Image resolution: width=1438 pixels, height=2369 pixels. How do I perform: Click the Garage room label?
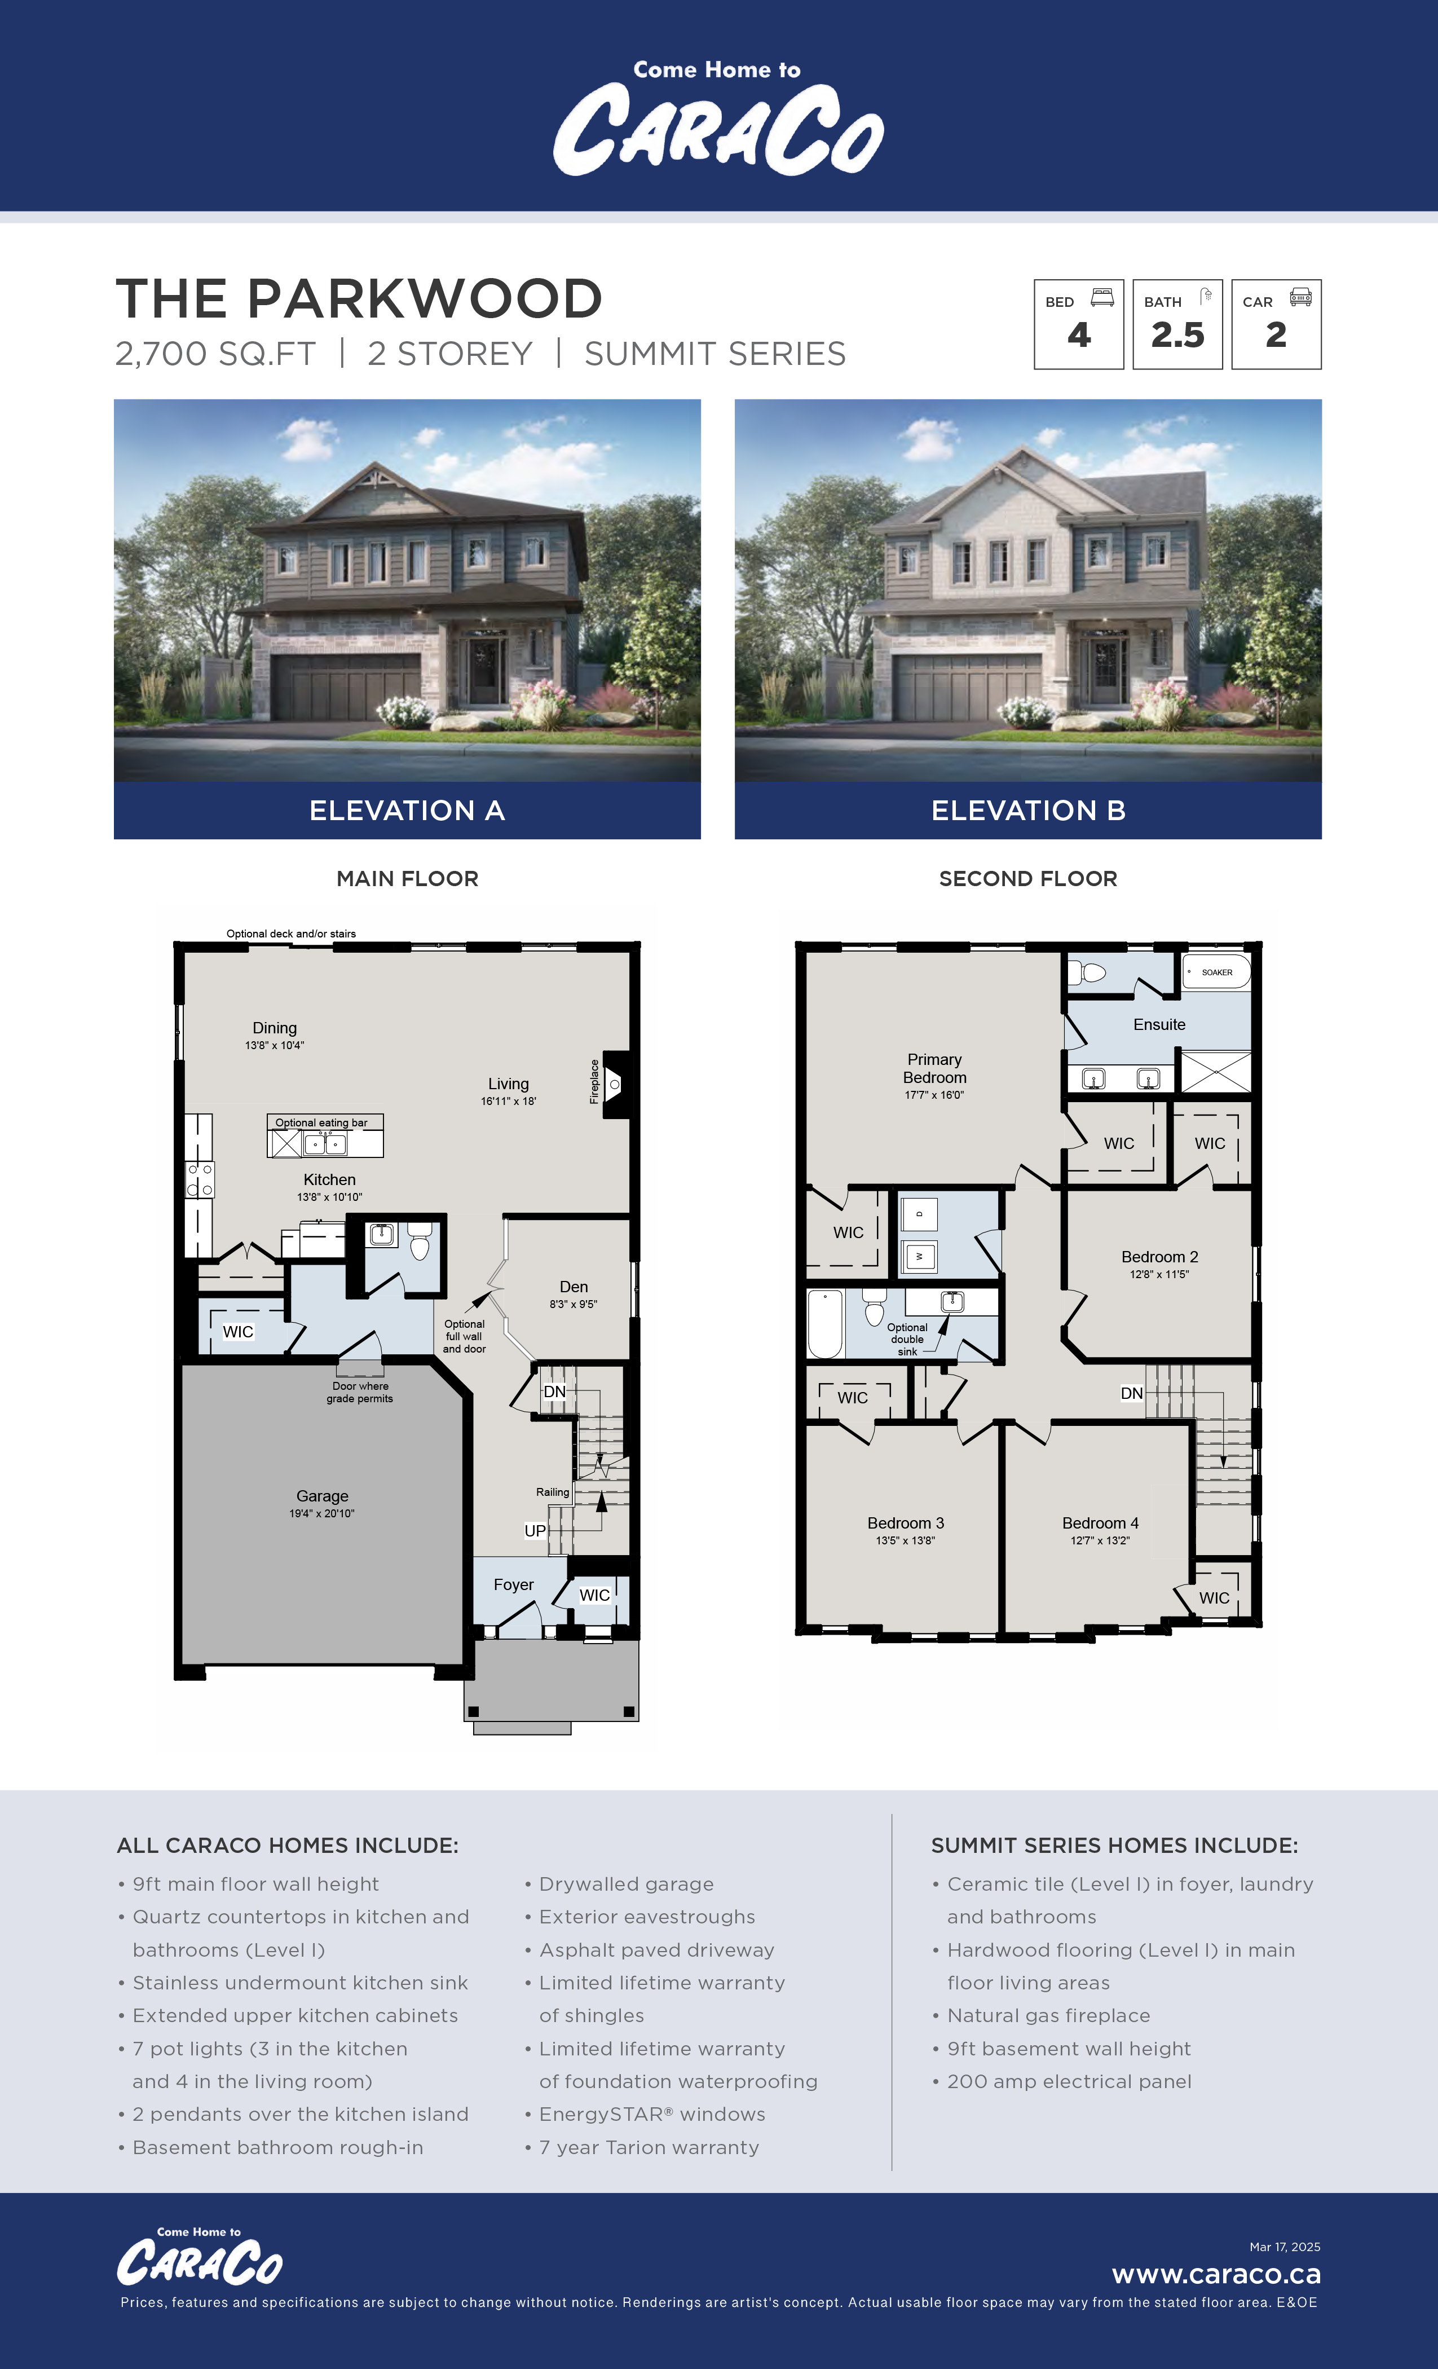pyautogui.click(x=322, y=1496)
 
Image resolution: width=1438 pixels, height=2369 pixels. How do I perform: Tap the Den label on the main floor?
pyautogui.click(x=574, y=1287)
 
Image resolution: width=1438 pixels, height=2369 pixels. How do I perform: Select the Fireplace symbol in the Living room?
pyautogui.click(x=614, y=1084)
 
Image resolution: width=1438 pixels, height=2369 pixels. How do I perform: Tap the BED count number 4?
pyautogui.click(x=1078, y=334)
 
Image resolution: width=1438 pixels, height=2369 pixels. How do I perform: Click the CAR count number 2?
pyautogui.click(x=1276, y=334)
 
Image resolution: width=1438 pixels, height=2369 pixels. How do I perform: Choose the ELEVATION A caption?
pyautogui.click(x=407, y=811)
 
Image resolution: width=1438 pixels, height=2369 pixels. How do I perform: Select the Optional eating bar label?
pyautogui.click(x=321, y=1122)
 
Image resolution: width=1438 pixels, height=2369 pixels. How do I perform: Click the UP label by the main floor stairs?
pyautogui.click(x=535, y=1531)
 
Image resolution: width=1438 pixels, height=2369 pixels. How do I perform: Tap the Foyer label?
pyautogui.click(x=513, y=1584)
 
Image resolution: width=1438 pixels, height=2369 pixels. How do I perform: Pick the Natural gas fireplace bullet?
pyautogui.click(x=1048, y=2015)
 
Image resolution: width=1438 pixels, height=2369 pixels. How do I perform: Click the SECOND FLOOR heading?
pyautogui.click(x=1027, y=879)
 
